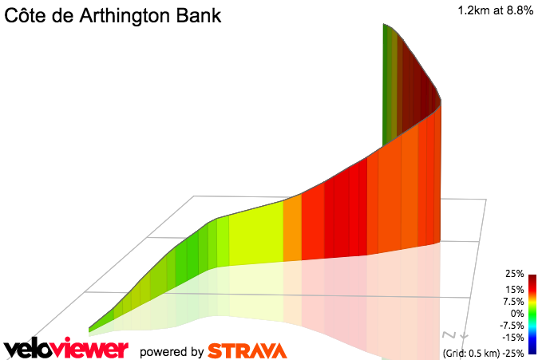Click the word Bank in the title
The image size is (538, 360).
pyautogui.click(x=200, y=16)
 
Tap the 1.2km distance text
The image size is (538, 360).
pyautogui.click(x=474, y=11)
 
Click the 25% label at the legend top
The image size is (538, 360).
pyautogui.click(x=514, y=274)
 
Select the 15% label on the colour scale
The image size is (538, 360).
pyautogui.click(x=514, y=289)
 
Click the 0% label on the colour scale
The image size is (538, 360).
pyautogui.click(x=516, y=314)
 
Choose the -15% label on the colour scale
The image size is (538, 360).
pyautogui.click(x=512, y=338)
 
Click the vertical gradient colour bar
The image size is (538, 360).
pyautogui.click(x=532, y=314)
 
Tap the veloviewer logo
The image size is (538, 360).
pyautogui.click(x=65, y=349)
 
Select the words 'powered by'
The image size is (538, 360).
pyautogui.click(x=171, y=351)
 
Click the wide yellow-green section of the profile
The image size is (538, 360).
pyautogui.click(x=255, y=235)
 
